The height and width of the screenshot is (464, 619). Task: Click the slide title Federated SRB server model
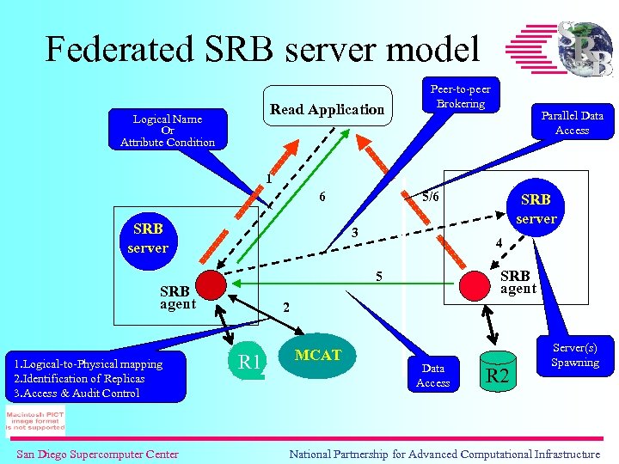[x=262, y=49]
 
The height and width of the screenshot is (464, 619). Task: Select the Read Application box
[x=327, y=109]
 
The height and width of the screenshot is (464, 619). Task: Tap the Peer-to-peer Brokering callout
[x=460, y=96]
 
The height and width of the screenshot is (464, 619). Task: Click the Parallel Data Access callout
[x=572, y=122]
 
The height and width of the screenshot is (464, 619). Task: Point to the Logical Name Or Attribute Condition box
[x=168, y=131]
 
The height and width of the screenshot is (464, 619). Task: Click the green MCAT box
[x=318, y=356]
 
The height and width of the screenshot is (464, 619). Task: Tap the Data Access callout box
[x=433, y=375]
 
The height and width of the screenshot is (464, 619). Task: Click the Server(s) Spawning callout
[x=574, y=355]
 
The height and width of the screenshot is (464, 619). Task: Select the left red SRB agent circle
[x=209, y=284]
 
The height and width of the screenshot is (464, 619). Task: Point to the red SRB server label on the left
[x=148, y=239]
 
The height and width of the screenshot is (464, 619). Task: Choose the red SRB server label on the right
[x=536, y=209]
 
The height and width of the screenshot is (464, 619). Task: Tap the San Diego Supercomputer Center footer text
[x=97, y=454]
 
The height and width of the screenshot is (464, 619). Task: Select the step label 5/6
[x=429, y=196]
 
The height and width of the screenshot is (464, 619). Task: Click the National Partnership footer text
[x=444, y=454]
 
